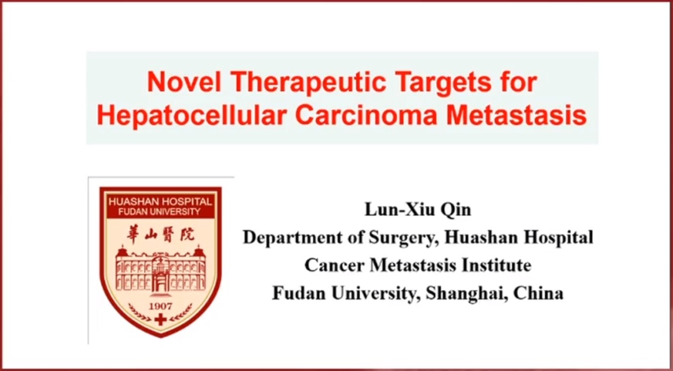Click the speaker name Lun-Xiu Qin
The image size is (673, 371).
point(418,210)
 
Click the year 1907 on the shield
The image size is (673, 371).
point(160,306)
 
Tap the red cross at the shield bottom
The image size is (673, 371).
point(161,319)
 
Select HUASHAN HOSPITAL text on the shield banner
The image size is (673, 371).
point(161,202)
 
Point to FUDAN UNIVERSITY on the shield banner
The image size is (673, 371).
point(160,212)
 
